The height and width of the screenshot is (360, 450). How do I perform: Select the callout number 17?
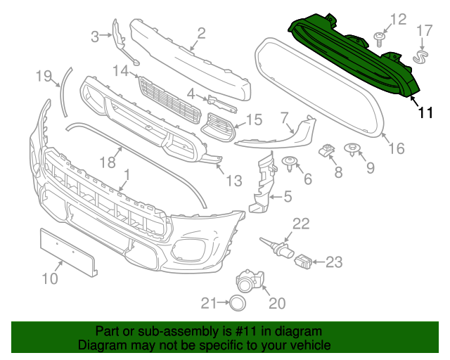[x=425, y=31]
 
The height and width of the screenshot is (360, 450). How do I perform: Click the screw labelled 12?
[x=379, y=39]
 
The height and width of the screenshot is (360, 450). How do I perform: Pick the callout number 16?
[x=397, y=148]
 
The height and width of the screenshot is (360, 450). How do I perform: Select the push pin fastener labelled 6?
[x=289, y=163]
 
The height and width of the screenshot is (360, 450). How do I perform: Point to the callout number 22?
[x=301, y=224]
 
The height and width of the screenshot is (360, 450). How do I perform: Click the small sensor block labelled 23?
[x=302, y=262]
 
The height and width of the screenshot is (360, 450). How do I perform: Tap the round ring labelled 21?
[x=238, y=303]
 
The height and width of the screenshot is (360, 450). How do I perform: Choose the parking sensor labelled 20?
[x=248, y=281]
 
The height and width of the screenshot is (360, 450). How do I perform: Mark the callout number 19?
[x=44, y=75]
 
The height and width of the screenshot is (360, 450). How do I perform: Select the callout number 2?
[x=201, y=33]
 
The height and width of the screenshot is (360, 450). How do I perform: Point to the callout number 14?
[x=121, y=70]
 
